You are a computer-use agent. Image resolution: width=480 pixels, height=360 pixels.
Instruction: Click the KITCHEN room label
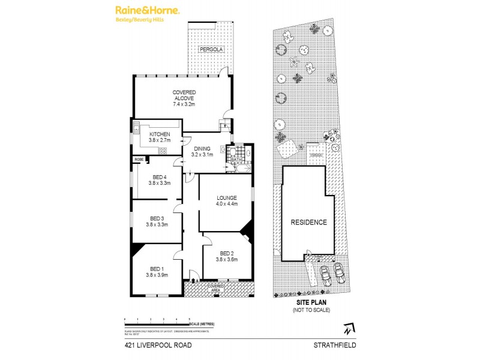point(160,134)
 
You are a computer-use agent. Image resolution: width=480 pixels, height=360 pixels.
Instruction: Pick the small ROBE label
point(139,159)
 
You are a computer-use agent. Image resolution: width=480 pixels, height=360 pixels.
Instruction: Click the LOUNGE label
point(227,197)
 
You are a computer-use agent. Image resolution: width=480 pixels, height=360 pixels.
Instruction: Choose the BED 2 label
point(227,253)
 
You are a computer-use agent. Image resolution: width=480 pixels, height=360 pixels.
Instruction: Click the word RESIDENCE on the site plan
point(309,222)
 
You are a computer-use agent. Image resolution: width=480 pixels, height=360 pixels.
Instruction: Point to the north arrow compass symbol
point(347,329)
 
